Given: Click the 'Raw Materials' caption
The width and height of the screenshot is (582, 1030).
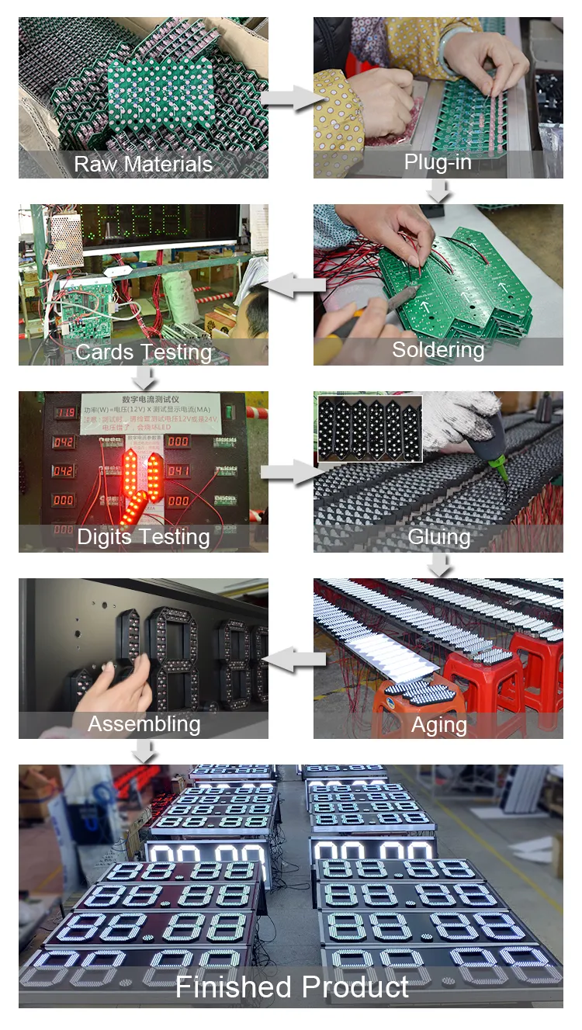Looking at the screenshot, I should pyautogui.click(x=144, y=165).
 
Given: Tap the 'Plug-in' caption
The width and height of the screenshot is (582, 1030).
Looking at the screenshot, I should pyautogui.click(x=438, y=162).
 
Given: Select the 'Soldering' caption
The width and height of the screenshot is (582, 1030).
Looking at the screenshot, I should pyautogui.click(x=438, y=350).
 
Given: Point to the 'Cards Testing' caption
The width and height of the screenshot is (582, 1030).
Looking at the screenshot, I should pyautogui.click(x=144, y=352).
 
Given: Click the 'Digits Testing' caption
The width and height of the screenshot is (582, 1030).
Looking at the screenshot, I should pyautogui.click(x=144, y=536).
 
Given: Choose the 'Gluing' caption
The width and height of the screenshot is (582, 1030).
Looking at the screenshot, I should pyautogui.click(x=438, y=537).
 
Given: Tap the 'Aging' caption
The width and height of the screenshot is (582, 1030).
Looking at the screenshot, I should pyautogui.click(x=438, y=725).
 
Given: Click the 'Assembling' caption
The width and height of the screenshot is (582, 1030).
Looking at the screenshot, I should pyautogui.click(x=144, y=724).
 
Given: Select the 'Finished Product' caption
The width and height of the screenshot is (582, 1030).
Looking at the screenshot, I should pyautogui.click(x=291, y=987).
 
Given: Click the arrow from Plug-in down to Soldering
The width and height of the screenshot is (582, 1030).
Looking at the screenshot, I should pyautogui.click(x=439, y=190).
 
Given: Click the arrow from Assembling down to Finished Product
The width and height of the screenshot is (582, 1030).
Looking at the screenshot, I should pyautogui.click(x=144, y=750).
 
